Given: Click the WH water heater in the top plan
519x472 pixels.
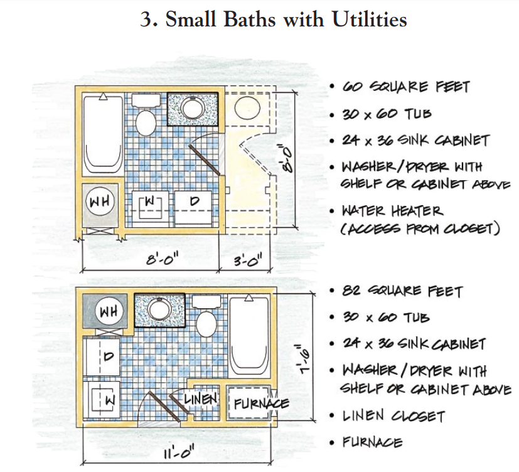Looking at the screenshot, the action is (100, 201).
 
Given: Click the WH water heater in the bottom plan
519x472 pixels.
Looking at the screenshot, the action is (109, 311).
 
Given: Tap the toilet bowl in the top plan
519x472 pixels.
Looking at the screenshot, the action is (146, 122).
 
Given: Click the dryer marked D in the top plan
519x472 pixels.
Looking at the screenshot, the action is (194, 208).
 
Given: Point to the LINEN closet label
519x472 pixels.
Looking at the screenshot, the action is (200, 399).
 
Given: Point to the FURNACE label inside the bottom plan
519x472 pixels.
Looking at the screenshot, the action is (261, 404).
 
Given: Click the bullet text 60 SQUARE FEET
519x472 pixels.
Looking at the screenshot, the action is (406, 87).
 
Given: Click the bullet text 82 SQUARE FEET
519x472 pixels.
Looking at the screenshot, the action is (402, 291).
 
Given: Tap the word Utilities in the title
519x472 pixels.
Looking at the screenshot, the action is (370, 19).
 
